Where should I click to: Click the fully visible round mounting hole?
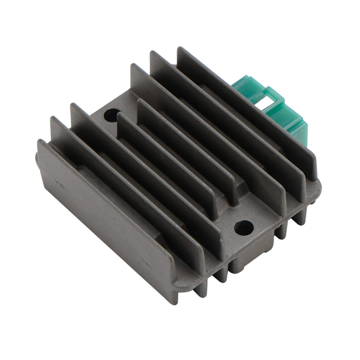pyautogui.click(x=243, y=227)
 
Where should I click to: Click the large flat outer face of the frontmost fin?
pyautogui.click(x=102, y=212)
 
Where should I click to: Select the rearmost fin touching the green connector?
pyautogui.click(x=246, y=110)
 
